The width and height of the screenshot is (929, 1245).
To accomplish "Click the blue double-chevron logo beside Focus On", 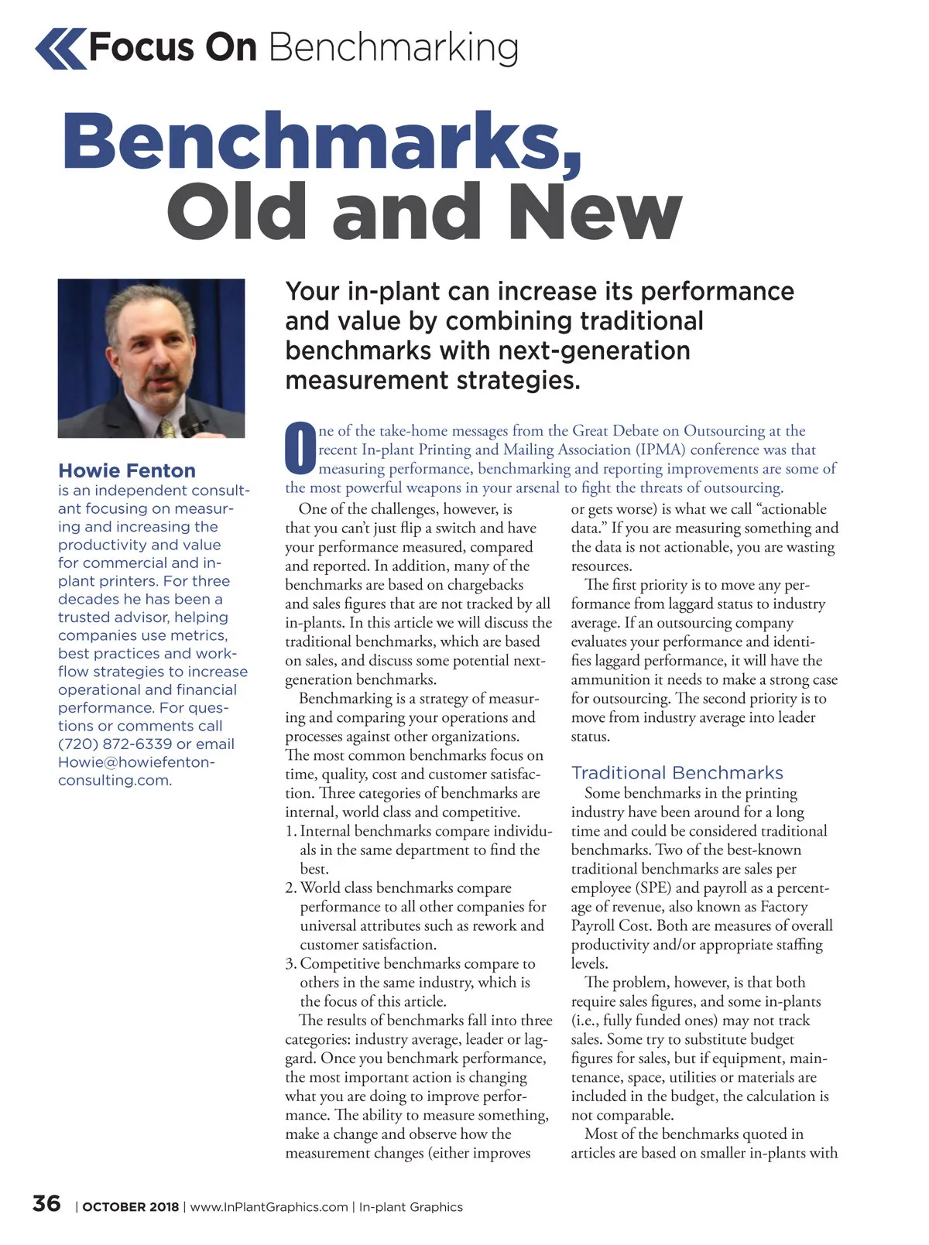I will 60,48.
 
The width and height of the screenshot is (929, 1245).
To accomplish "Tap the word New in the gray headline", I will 597,213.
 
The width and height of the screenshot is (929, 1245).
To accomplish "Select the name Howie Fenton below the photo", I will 127,470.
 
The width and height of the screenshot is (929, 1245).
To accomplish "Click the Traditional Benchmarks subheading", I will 677,772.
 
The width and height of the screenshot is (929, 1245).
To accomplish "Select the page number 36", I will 46,1203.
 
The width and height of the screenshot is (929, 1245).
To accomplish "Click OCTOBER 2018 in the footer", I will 130,1207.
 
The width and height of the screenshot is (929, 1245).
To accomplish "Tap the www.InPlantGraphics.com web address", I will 269,1207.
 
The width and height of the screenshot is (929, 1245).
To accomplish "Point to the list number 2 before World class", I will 290,888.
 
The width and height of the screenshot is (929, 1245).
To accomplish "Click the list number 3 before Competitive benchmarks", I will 290,963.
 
